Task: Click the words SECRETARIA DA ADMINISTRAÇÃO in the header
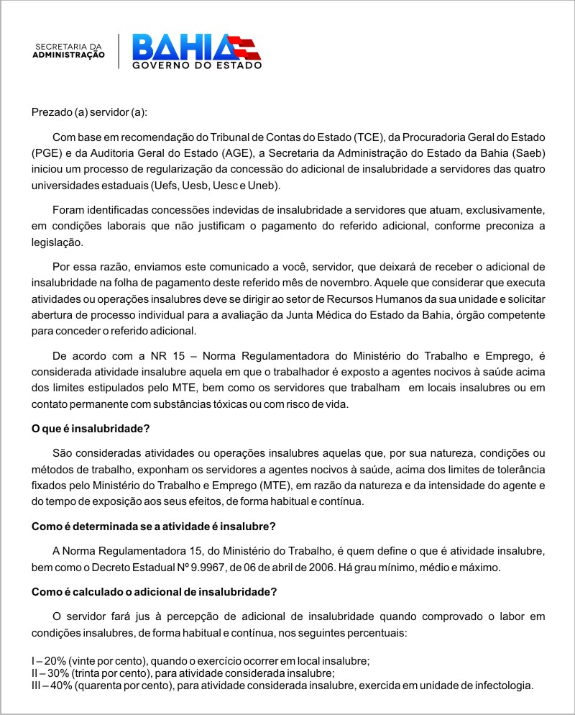(70, 50)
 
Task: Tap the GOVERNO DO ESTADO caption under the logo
(196, 65)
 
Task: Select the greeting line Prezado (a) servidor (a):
(89, 112)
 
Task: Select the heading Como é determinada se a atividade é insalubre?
(153, 526)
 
